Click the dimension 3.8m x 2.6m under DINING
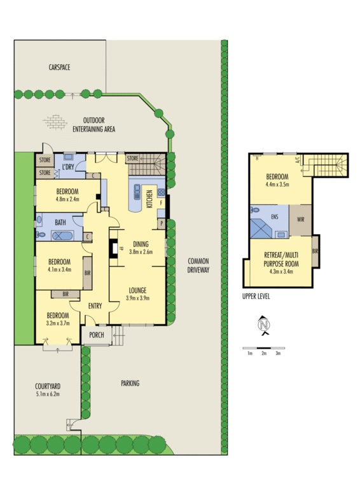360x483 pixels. point(142,251)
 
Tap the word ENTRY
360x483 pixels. point(95,306)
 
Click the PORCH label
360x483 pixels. point(96,335)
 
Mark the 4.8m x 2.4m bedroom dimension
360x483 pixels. point(67,199)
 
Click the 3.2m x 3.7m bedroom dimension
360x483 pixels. point(57,323)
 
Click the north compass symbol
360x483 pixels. point(263,326)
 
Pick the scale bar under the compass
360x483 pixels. point(263,348)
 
